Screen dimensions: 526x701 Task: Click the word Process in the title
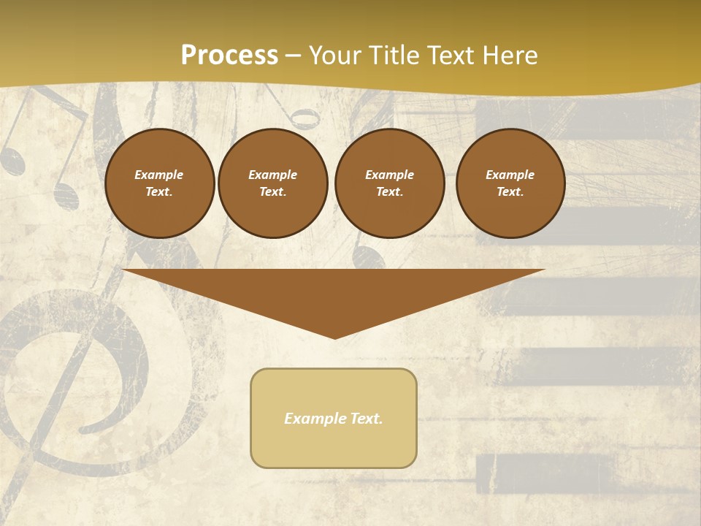pos(229,56)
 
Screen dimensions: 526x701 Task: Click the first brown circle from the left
pos(159,183)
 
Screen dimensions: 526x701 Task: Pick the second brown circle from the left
pos(272,183)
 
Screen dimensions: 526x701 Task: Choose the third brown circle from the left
pos(389,183)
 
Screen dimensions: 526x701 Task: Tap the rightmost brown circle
pos(510,183)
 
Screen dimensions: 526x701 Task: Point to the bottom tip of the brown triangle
pos(334,338)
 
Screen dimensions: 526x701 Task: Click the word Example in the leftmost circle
pos(159,175)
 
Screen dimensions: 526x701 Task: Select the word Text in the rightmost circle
pos(510,191)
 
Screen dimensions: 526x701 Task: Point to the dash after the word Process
pos(293,56)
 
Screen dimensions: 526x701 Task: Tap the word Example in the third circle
pos(389,175)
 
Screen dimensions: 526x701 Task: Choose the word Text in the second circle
pos(272,191)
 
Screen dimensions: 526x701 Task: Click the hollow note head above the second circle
pos(304,118)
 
